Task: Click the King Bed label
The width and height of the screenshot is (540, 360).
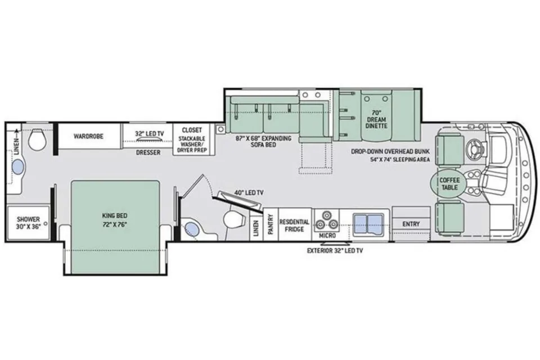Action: [115, 215]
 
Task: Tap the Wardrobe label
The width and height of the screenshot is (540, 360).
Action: [88, 137]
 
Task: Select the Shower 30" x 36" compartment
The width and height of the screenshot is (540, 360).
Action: [28, 223]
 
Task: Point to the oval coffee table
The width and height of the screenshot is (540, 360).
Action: [449, 184]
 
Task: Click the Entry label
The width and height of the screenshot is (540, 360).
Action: [411, 224]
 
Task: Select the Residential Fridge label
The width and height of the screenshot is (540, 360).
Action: [294, 226]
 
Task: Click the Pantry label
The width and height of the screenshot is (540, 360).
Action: [271, 224]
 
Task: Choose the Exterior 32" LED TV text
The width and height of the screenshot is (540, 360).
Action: [335, 251]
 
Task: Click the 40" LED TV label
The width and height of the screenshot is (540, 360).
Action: [249, 193]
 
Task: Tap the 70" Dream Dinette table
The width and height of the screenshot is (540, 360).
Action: [376, 116]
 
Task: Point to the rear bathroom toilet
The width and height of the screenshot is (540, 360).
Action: [37, 139]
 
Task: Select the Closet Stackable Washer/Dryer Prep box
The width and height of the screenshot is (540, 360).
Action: [192, 140]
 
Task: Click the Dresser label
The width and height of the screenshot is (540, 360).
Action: [148, 152]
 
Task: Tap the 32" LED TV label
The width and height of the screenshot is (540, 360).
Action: [150, 133]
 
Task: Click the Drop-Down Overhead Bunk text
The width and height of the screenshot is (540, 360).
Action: [390, 151]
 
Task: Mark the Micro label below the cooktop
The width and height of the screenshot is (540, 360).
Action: [327, 236]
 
